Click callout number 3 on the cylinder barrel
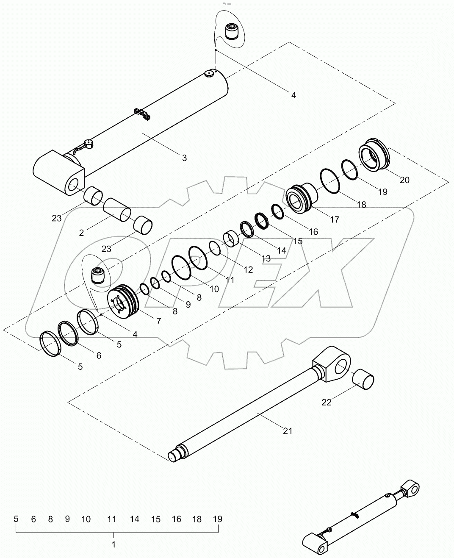point(184,158)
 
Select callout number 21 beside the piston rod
point(288,431)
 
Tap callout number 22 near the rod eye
point(327,402)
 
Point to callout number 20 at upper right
point(404,180)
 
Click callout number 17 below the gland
point(334,219)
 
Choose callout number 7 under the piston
point(158,321)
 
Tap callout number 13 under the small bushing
point(266,258)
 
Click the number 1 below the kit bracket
point(113,544)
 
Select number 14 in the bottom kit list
point(134,519)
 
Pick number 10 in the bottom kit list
point(86,519)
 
